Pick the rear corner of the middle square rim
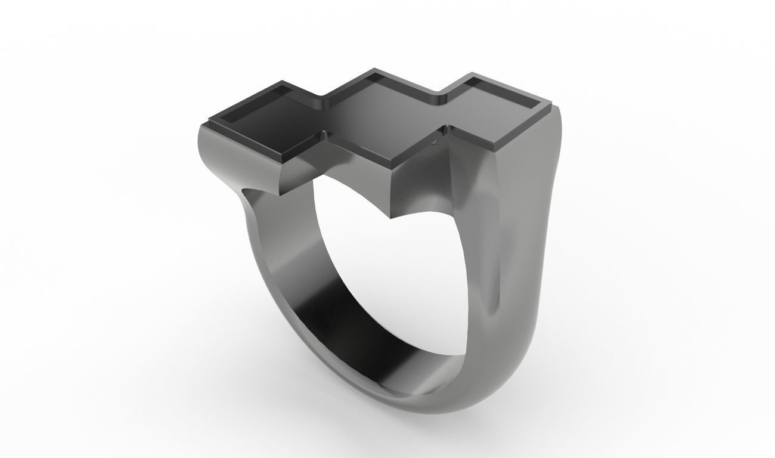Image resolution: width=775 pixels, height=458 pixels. coord(375,69)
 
